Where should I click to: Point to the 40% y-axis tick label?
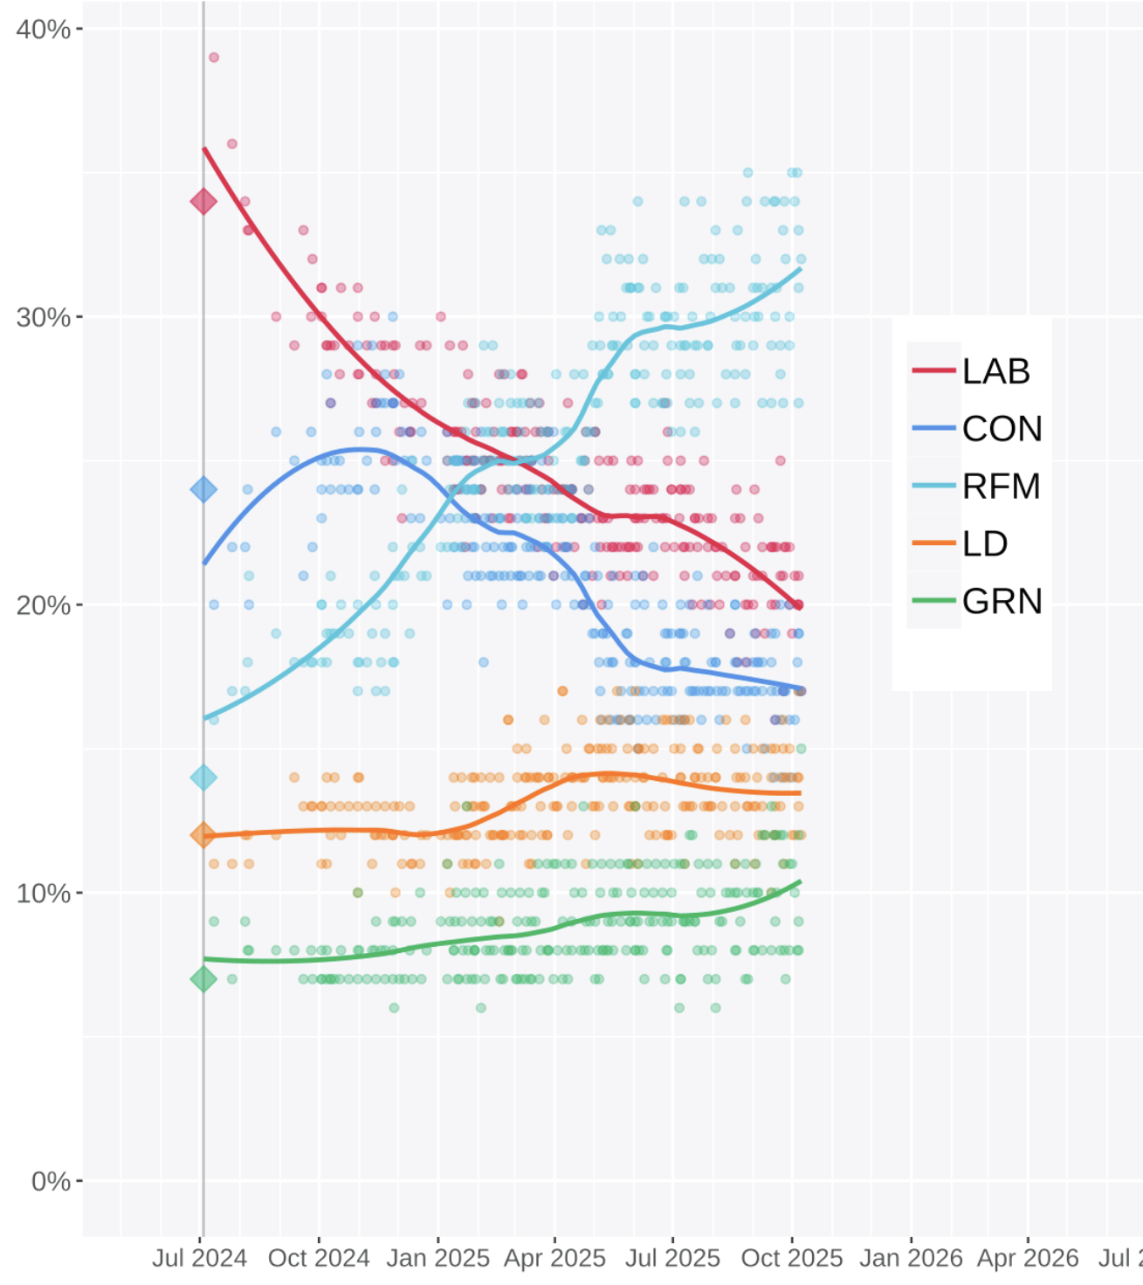44,29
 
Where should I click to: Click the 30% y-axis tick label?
44,317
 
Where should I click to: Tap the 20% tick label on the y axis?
44,605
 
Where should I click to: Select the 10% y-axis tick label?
44,893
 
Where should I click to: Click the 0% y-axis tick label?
51,1181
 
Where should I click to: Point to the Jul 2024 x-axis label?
200,1259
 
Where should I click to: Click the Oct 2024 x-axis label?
319,1259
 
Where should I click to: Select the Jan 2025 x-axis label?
437,1259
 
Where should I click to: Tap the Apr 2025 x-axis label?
554,1259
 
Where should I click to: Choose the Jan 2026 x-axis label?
911,1259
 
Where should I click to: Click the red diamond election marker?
203,202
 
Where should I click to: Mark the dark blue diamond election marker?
203,489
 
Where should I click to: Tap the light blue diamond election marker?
203,777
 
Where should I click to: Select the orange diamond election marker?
203,835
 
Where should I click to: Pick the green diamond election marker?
203,979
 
